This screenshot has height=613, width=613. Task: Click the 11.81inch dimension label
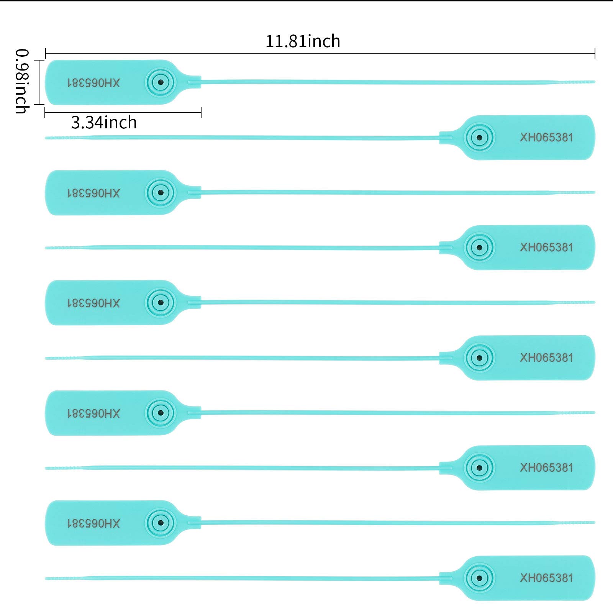(x=303, y=41)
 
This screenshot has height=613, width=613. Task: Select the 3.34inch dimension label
(x=104, y=123)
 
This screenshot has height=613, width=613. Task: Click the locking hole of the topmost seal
(x=161, y=82)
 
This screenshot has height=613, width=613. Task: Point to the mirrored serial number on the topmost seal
(x=94, y=83)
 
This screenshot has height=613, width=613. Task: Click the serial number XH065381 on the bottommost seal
(x=546, y=578)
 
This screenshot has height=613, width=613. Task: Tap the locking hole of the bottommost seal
(x=479, y=577)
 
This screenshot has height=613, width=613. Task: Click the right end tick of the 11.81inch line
(x=595, y=53)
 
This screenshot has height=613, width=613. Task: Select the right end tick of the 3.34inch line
(x=201, y=113)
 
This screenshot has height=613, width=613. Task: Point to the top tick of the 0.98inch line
(x=39, y=60)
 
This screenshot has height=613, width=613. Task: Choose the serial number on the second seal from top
(x=546, y=137)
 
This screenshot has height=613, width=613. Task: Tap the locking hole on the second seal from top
(x=479, y=137)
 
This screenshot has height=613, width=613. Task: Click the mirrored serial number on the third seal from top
(x=94, y=193)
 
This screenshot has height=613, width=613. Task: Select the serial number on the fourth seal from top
(x=546, y=247)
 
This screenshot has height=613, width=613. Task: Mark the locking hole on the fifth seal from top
(x=161, y=303)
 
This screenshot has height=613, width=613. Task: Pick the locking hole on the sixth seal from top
(x=479, y=358)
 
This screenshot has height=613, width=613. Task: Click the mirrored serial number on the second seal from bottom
(x=94, y=523)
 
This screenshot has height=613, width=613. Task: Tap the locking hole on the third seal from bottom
(x=479, y=468)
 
